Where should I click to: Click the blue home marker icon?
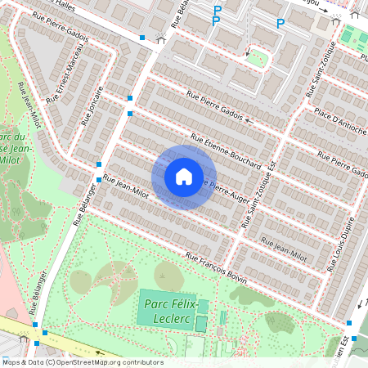[x=183, y=177]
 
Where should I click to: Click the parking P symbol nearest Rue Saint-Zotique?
[x=280, y=23]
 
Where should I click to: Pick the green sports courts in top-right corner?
[x=356, y=37]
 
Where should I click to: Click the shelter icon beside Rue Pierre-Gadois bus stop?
[x=161, y=38]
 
